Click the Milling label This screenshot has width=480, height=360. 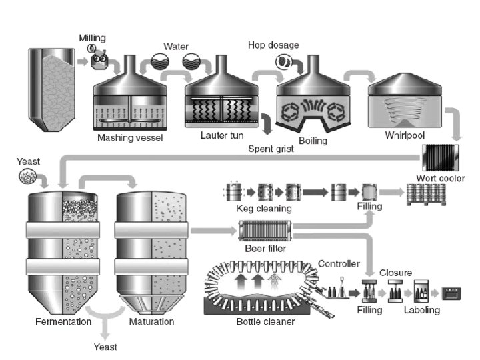[x=92, y=37]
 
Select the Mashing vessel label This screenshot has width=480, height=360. [x=131, y=138]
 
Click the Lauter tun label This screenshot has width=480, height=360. [x=219, y=136]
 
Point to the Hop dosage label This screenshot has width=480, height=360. [x=273, y=45]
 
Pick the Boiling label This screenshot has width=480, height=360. [x=313, y=140]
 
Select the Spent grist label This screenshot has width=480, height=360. [x=271, y=148]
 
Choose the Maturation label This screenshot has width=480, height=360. [x=151, y=321]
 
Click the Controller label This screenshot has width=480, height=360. [x=340, y=264]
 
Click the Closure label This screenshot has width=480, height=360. [x=396, y=272]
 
